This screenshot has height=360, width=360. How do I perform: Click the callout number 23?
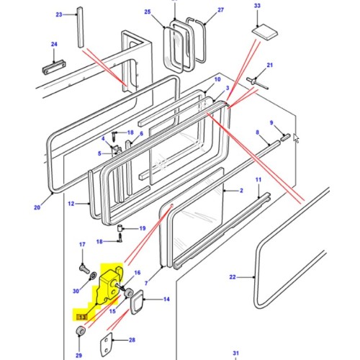click(59, 14)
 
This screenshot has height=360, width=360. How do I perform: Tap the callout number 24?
click(54, 44)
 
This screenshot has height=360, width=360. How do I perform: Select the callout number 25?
click(148, 12)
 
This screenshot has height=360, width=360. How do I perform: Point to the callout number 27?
click(201, 10)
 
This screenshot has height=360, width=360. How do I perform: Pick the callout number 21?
click(270, 66)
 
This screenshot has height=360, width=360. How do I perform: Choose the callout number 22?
click(232, 276)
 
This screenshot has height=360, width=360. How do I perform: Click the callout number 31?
click(235, 352)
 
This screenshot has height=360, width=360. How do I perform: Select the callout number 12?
click(71, 204)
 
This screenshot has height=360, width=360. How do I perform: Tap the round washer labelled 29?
click(81, 331)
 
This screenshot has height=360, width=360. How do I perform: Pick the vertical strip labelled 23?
click(79, 36)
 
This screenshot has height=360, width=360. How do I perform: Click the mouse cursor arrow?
click(296, 138)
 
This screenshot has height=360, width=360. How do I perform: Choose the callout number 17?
click(82, 245)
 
